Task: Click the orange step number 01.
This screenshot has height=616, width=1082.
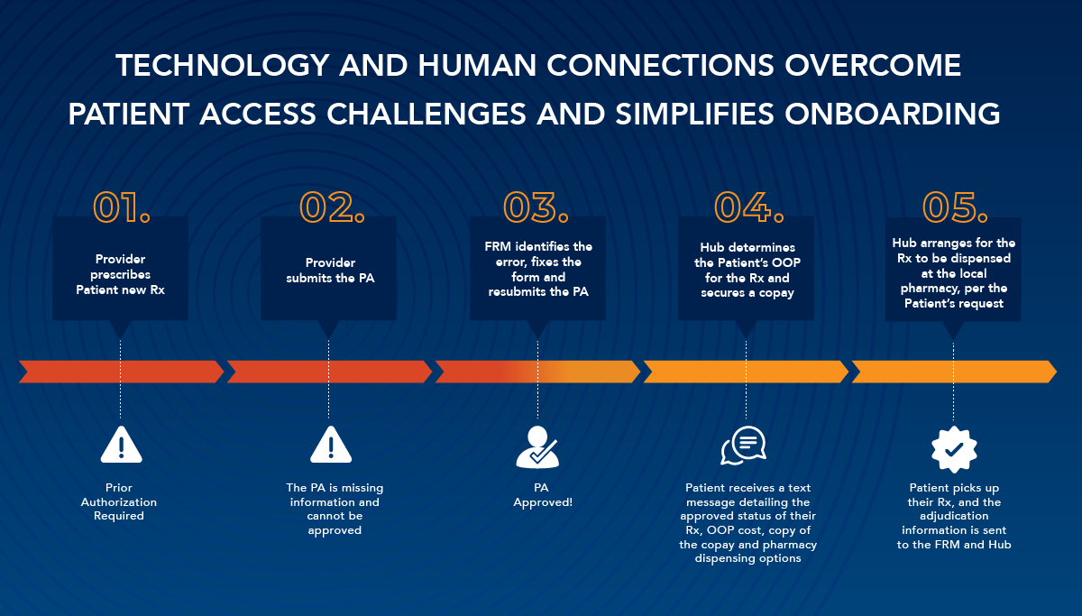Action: [122, 207]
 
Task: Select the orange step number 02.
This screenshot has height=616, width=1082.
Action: [332, 207]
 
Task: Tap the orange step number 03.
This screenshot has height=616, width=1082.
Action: [536, 207]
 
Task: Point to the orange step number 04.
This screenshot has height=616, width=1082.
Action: [748, 207]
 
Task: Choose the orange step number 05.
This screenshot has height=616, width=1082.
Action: [955, 207]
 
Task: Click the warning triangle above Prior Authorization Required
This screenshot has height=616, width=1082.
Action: [121, 445]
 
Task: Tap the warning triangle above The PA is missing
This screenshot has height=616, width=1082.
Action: [331, 445]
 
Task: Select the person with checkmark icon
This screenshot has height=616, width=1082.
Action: [537, 447]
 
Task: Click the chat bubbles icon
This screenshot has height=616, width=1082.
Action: [743, 446]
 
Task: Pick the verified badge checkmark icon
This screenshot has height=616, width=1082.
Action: [954, 449]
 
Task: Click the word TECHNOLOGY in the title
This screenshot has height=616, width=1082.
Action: [223, 65]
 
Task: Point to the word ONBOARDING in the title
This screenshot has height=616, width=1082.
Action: [892, 114]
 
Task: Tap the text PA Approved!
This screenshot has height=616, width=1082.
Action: [543, 495]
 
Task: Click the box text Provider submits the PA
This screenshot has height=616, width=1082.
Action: [330, 270]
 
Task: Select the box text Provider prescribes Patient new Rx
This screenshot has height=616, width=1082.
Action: [120, 274]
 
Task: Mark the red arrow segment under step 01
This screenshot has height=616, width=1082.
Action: [121, 372]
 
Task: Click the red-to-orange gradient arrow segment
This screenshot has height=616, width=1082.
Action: [537, 372]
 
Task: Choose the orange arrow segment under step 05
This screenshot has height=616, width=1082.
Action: [954, 372]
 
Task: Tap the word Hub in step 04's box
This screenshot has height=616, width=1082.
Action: [712, 247]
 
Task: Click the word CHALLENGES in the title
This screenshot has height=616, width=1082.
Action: [426, 114]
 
